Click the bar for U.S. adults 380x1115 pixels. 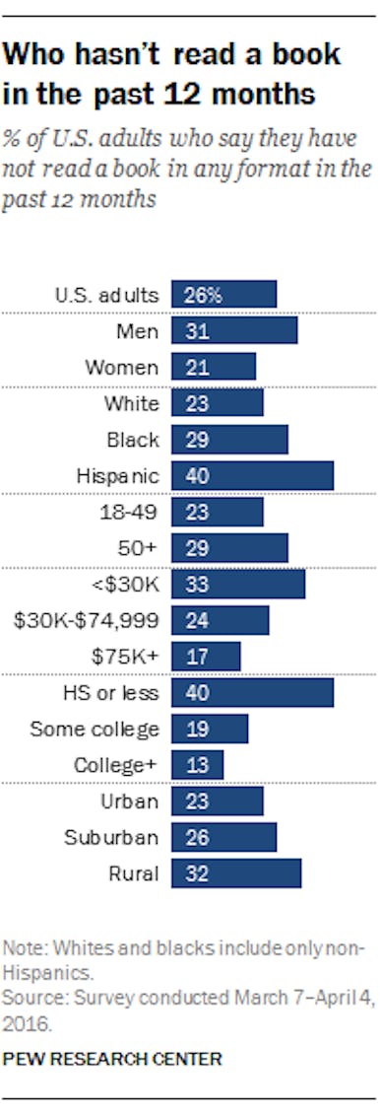point(223,295)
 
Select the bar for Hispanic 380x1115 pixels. point(252,475)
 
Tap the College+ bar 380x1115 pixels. point(197,764)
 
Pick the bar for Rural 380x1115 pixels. point(236,872)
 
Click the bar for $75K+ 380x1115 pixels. point(206,657)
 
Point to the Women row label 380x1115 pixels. point(121,367)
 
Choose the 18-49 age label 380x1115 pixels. point(130,512)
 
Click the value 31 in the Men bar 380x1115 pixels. point(196,331)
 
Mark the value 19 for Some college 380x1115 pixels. point(196,729)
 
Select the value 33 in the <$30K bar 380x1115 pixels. point(196,584)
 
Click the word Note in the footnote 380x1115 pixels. point(21,948)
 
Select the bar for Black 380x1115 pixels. point(229,440)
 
